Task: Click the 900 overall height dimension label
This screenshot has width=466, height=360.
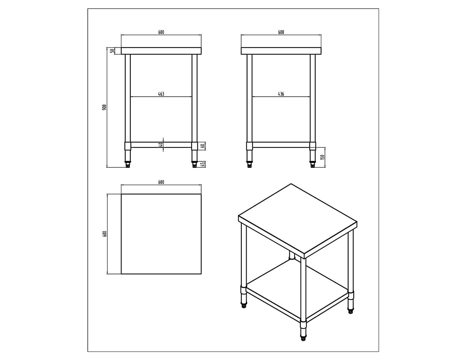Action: click(104, 107)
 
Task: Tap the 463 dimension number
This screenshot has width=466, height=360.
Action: click(161, 94)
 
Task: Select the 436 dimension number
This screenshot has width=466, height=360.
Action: click(281, 94)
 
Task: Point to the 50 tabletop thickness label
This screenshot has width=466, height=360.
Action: click(113, 51)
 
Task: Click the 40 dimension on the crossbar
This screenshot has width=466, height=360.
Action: click(161, 145)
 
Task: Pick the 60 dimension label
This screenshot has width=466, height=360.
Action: click(202, 146)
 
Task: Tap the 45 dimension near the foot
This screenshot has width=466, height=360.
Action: click(202, 164)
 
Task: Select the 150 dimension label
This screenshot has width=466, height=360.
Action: click(322, 157)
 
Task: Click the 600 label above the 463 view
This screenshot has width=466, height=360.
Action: click(161, 32)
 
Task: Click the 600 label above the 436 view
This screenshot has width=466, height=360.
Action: click(281, 32)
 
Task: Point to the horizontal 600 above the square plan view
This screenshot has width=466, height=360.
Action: click(161, 182)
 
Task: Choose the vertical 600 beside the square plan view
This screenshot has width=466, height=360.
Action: click(104, 234)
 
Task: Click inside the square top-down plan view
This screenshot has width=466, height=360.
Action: click(161, 234)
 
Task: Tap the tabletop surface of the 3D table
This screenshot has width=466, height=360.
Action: click(297, 220)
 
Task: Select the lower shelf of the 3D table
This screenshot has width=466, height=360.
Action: click(297, 290)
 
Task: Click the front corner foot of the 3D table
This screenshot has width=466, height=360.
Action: click(303, 338)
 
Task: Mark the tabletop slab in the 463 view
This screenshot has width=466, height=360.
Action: click(161, 51)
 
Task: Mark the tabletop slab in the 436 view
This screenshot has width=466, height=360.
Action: click(281, 51)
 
